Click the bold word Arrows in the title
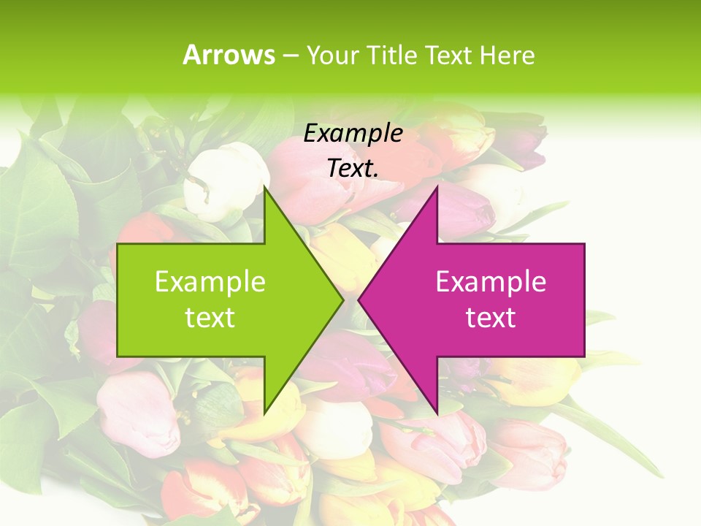(229, 55)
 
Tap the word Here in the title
(507, 55)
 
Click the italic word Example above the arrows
(353, 133)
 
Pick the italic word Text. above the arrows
(353, 169)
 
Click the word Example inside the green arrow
(210, 281)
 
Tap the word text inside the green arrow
(210, 318)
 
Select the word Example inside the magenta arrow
(491, 281)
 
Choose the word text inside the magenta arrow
(491, 318)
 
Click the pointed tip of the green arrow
(342, 300)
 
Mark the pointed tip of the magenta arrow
(359, 300)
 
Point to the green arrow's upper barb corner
(264, 187)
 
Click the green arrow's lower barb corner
(264, 412)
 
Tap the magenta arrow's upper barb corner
(437, 187)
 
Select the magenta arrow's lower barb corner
(437, 412)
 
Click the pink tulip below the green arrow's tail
(139, 409)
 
